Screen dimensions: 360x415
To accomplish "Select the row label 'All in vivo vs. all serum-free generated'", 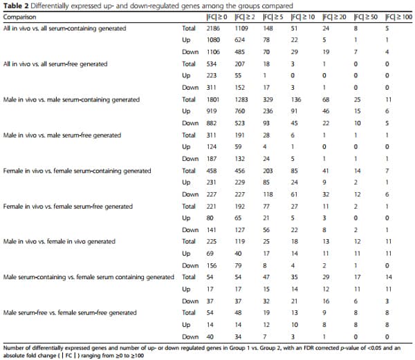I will coord(55,64).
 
